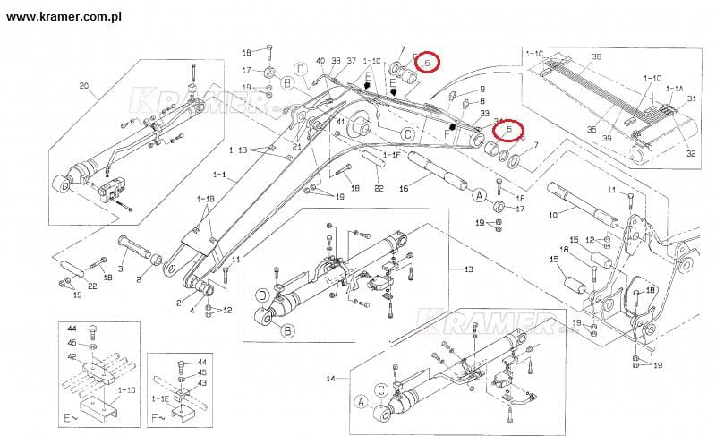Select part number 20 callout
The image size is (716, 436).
tap(85, 87)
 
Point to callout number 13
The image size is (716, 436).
tap(468, 269)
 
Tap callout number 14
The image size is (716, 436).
tap(330, 380)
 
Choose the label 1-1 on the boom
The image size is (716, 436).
tap(218, 173)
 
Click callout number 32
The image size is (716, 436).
tap(691, 153)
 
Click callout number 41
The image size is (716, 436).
tap(340, 121)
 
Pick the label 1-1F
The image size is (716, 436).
tap(391, 155)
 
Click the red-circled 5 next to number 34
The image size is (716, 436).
tap(510, 131)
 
